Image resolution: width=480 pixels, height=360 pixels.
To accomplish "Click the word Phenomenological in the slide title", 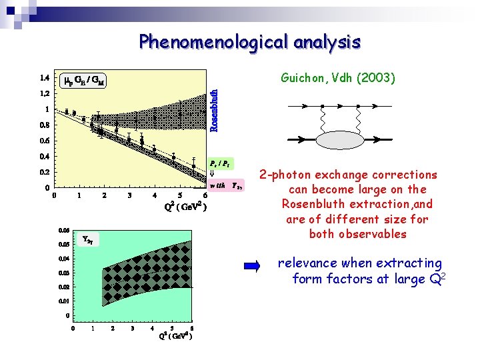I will [212, 43].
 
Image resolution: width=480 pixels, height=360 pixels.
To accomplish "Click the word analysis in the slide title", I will [325, 43].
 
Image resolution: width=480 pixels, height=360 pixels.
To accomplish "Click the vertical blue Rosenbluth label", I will [214, 110].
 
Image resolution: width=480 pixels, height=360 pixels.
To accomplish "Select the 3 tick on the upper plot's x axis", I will [129, 196].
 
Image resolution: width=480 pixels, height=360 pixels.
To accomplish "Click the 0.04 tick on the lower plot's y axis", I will [63, 259].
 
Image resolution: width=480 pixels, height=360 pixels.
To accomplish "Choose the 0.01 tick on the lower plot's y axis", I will [63, 301].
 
